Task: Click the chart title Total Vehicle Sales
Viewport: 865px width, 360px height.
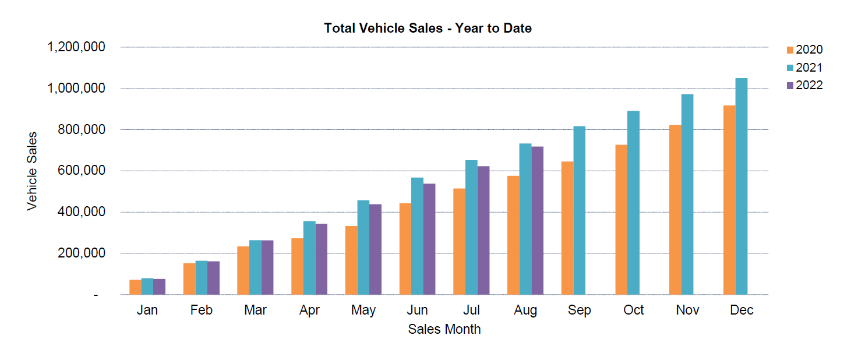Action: pos(428,28)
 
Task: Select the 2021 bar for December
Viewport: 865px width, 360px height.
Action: pos(741,186)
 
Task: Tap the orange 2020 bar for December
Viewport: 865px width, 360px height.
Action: pos(729,200)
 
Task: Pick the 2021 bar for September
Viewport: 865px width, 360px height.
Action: pos(579,210)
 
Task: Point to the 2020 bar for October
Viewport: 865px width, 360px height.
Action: pos(621,220)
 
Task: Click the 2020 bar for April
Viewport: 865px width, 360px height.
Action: pos(297,266)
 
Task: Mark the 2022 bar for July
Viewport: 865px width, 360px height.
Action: pos(483,230)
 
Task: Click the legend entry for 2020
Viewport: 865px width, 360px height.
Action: pos(804,50)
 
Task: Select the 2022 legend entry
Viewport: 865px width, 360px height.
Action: pos(804,86)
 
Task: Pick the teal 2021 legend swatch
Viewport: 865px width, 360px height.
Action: pos(790,68)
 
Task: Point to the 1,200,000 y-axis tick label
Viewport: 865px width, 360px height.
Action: pos(75,47)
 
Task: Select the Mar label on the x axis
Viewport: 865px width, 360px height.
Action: pos(255,310)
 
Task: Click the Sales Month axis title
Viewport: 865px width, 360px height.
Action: pos(444,329)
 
